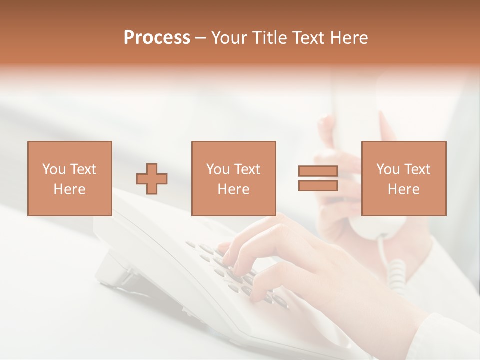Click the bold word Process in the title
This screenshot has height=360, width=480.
(157, 38)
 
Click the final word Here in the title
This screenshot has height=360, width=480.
(348, 38)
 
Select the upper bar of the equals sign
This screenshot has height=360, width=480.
(318, 171)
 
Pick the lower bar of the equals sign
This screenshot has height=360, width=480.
(318, 186)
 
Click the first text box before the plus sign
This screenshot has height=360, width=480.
(69, 178)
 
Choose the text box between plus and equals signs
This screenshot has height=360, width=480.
(233, 178)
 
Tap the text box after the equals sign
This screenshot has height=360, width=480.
(403, 178)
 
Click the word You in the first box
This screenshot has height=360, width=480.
(54, 169)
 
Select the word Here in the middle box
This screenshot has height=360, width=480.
(233, 189)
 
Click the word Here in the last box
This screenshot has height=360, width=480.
(403, 189)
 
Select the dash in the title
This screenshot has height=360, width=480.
(200, 38)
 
